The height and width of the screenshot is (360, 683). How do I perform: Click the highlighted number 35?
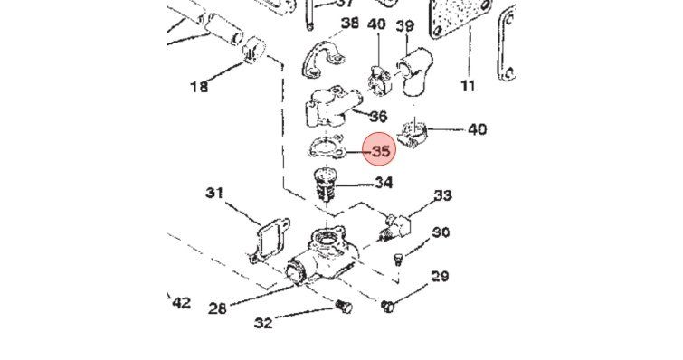point(381,151)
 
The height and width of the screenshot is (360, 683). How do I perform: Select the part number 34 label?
point(384,183)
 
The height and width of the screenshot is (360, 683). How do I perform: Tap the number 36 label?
point(378,116)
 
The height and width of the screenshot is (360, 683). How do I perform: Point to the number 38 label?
point(350,24)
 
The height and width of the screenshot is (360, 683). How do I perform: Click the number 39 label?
point(404,26)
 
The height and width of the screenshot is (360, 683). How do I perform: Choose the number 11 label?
point(468,86)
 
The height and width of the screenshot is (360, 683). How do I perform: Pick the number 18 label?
point(199,87)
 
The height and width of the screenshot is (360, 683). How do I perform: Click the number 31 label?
point(214,193)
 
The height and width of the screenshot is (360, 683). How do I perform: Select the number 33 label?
point(442,195)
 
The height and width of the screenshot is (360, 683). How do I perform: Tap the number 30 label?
point(441,232)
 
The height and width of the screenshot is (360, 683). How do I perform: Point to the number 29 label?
point(440,276)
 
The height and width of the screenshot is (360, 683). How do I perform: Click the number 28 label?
point(218,308)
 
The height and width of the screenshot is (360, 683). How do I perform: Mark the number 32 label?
point(263,323)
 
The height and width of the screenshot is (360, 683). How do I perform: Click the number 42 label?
point(182,303)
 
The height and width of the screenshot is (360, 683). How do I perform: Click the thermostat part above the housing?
point(323,185)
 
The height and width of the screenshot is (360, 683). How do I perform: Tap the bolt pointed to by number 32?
point(344,307)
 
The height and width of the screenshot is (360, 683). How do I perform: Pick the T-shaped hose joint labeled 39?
point(413,71)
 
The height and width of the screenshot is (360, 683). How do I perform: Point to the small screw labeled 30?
point(398,260)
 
